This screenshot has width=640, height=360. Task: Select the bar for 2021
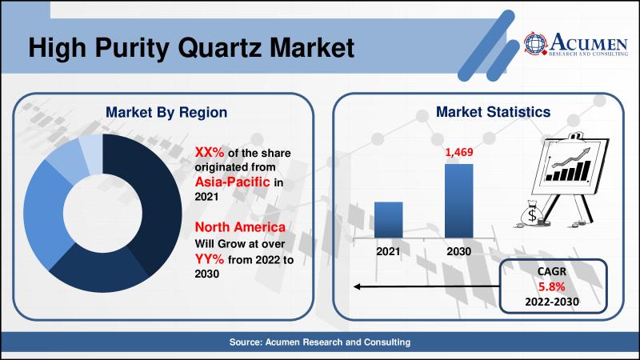click(x=389, y=219)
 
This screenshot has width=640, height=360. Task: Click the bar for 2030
click(x=460, y=201)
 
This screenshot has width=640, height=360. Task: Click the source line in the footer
click(x=320, y=342)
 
